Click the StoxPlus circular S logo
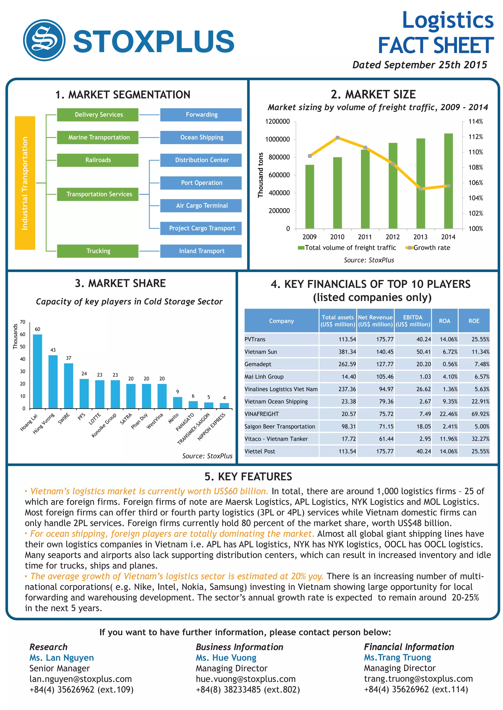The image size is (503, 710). (x=44, y=40)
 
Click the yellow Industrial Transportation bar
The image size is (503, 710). (x=25, y=183)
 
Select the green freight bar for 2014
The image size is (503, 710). (x=448, y=181)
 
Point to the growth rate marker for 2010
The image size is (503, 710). (x=337, y=138)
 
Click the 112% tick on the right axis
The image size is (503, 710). (x=475, y=137)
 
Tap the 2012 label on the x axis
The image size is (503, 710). (x=393, y=237)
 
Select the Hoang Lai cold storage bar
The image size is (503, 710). (x=38, y=371)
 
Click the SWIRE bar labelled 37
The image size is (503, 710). (x=69, y=386)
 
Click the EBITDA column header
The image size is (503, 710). (x=413, y=321)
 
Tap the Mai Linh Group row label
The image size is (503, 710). (x=264, y=377)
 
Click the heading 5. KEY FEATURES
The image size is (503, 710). (x=248, y=477)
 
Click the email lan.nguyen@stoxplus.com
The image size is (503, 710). (x=81, y=679)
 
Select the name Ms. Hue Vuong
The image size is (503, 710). (x=226, y=658)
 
